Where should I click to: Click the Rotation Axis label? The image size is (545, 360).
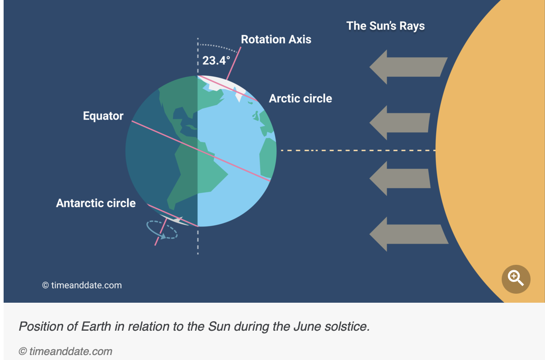(276, 39)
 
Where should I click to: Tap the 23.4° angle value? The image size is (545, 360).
(216, 60)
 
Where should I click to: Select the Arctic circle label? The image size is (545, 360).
(300, 98)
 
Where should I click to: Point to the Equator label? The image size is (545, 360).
(103, 116)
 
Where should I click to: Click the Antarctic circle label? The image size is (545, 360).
(96, 203)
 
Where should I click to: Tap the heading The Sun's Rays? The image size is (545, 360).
(386, 26)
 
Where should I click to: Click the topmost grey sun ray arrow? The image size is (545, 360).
(408, 67)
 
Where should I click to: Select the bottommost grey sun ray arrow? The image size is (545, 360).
(409, 234)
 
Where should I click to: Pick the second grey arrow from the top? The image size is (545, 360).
(400, 123)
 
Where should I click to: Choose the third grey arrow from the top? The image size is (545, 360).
(400, 179)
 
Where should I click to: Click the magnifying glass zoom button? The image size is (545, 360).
(516, 279)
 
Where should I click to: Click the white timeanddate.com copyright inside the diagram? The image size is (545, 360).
(82, 285)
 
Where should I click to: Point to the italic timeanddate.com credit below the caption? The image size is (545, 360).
(65, 351)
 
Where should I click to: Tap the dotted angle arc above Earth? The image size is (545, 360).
(218, 47)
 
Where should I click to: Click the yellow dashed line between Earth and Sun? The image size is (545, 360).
(358, 150)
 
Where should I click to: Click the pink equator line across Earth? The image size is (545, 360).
(201, 151)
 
